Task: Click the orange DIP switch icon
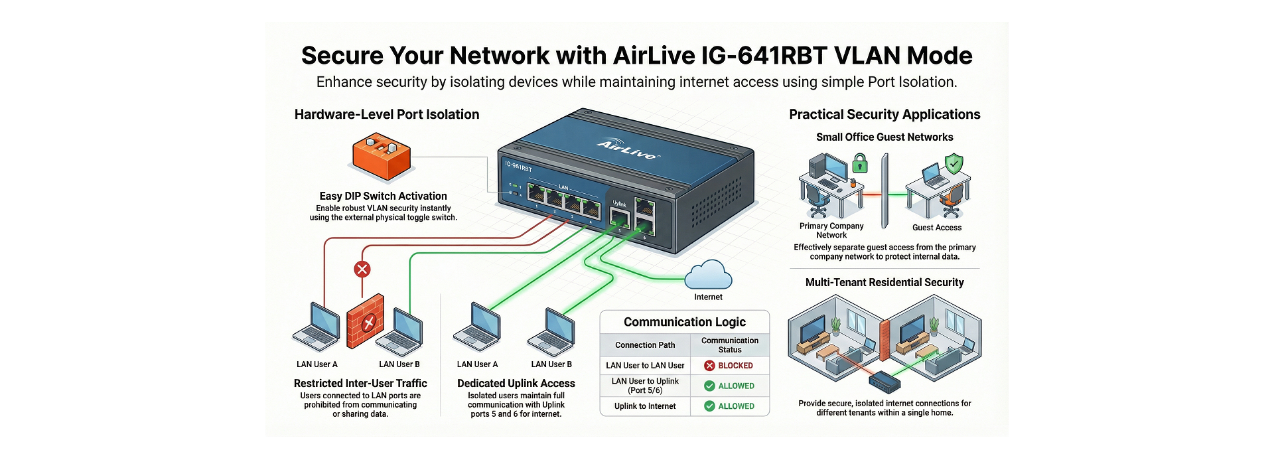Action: [x=381, y=157]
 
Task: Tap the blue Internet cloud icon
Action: [x=708, y=275]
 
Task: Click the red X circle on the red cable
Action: [x=362, y=269]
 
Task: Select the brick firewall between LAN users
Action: [x=366, y=321]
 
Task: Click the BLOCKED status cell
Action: [x=729, y=366]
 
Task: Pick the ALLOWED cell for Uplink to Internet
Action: [x=729, y=406]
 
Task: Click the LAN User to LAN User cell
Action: [x=645, y=366]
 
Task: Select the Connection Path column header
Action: [x=645, y=345]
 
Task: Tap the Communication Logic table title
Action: [x=685, y=322]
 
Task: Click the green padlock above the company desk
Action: [x=860, y=163]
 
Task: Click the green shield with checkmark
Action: [x=954, y=163]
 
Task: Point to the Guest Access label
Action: [x=936, y=228]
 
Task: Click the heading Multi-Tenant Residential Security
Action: [x=884, y=282]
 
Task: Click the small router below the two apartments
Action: [x=885, y=382]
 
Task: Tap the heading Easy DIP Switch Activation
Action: [x=383, y=196]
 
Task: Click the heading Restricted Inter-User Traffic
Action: [x=360, y=383]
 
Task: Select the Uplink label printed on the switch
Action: [x=619, y=204]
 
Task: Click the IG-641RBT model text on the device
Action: [x=518, y=167]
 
